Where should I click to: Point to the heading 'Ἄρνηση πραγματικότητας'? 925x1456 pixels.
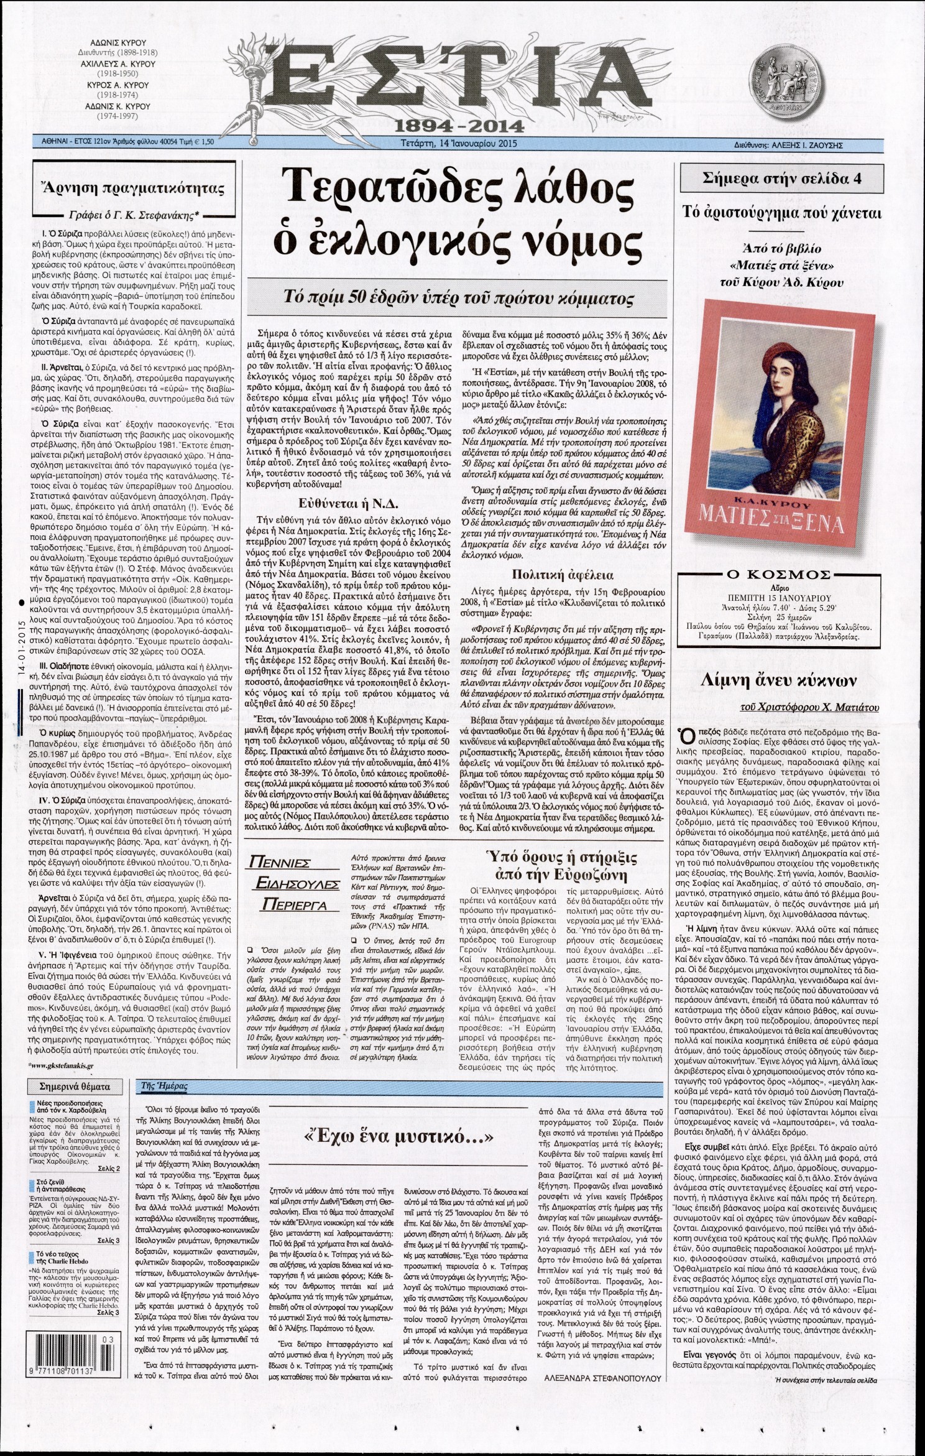click(134, 190)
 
